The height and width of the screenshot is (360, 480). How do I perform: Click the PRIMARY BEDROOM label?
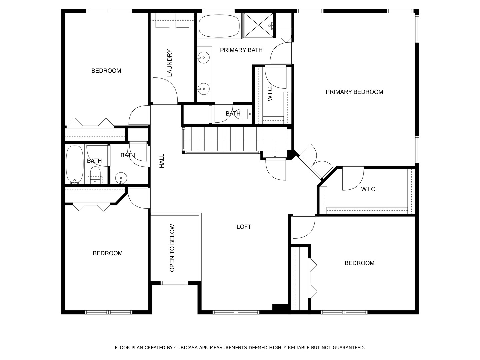pos(354,92)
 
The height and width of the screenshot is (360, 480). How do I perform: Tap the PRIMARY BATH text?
pos(241,50)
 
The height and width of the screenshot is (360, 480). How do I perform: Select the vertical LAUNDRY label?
pos(169,63)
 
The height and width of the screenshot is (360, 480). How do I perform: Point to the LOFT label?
pos(244,227)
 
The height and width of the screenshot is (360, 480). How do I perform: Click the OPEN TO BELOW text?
pos(172,248)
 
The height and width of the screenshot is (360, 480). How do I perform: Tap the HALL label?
pos(162,161)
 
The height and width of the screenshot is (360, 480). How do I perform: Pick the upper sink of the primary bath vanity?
pos(203,58)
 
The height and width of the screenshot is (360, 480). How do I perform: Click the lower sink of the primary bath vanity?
pos(203,89)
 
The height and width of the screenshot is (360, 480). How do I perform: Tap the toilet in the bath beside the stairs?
pos(246,114)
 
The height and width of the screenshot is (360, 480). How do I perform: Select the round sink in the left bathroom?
pos(121,178)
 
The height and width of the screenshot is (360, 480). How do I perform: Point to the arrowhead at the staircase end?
pos(275,156)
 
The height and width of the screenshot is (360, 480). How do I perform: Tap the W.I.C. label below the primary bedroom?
pos(369,189)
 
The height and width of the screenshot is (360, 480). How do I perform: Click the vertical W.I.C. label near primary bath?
pos(270,93)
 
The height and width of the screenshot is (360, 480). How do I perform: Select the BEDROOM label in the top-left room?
pos(106,71)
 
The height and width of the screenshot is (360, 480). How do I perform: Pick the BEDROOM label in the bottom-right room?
pos(359,263)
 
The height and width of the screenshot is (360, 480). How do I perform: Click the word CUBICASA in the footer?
pos(187,348)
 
